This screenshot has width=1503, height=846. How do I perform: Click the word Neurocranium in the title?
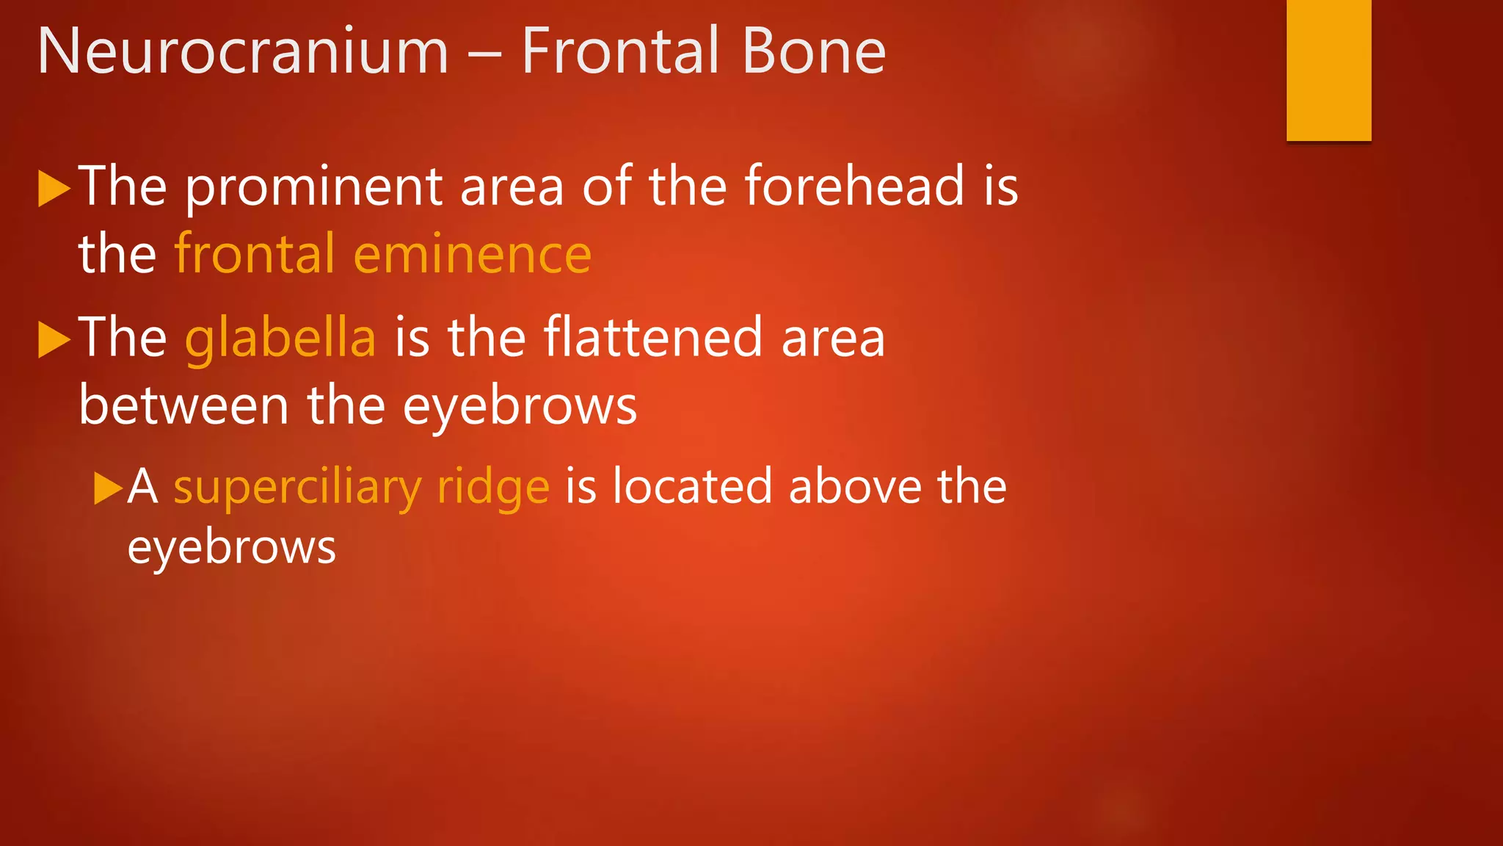click(x=243, y=51)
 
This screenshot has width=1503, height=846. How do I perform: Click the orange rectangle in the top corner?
click(x=1328, y=70)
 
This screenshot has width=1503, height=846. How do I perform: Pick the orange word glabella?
click(x=280, y=338)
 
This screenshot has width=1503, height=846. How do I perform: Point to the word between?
click(x=183, y=405)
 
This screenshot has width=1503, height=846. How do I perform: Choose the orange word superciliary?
click(x=297, y=488)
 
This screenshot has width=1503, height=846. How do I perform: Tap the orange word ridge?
click(x=493, y=488)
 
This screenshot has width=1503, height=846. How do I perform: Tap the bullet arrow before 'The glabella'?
click(x=54, y=339)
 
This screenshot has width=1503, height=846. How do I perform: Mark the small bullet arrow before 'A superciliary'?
click(x=108, y=488)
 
